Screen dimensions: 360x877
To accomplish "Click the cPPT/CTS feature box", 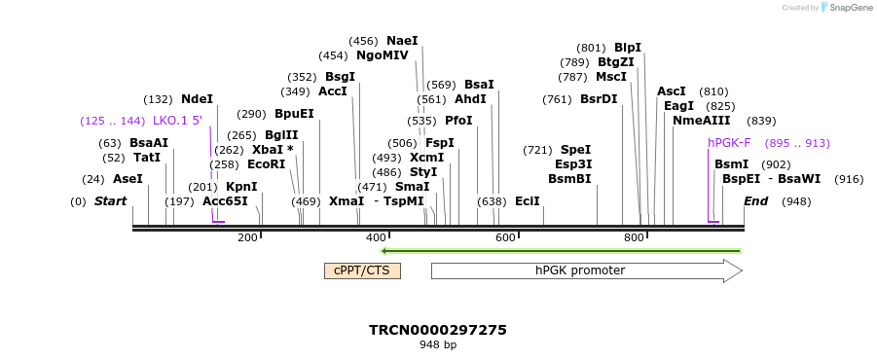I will coord(362,270).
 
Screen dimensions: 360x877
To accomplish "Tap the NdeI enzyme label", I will coord(197,99).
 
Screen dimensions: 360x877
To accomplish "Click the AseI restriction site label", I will coord(128,179).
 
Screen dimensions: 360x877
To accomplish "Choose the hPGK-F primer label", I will coord(729,143).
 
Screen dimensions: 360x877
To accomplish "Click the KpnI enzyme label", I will coord(241,186).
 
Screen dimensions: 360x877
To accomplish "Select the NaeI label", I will coord(402,41).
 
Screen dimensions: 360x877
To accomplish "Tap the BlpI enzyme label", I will coord(628,47).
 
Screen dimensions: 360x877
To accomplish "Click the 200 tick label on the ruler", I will coord(247,238).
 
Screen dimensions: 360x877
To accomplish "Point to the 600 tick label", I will coord(505,238).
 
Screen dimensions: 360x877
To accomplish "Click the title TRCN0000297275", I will coord(438,330).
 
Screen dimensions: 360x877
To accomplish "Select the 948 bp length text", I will coord(438,344).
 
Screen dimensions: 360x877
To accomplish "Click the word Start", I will coord(110,201).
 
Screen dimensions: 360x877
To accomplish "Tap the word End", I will coord(756,201).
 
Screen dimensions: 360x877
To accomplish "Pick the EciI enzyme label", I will coord(528,201).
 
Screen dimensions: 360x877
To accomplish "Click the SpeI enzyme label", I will coord(575,150).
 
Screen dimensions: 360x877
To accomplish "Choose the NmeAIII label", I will coord(701,121).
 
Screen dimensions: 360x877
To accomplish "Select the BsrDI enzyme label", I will coord(599,98).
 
